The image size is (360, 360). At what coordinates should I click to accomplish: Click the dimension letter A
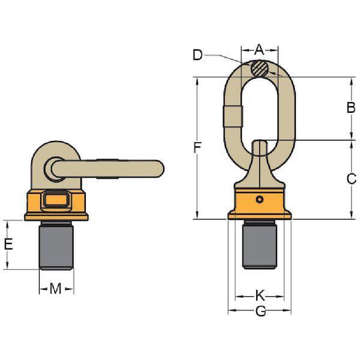[x=259, y=49]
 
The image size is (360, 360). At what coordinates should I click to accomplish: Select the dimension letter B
[x=350, y=107]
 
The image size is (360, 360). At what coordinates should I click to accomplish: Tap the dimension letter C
[x=351, y=179]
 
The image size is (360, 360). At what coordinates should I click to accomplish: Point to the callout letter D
[x=197, y=55]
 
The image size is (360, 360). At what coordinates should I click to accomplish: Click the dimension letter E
[x=8, y=244]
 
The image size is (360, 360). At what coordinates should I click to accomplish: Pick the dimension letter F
[x=197, y=148]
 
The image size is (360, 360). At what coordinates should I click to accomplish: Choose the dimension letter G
[x=260, y=311]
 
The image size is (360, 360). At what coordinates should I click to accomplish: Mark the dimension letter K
[x=260, y=295]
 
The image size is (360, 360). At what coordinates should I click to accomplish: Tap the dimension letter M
[x=56, y=289]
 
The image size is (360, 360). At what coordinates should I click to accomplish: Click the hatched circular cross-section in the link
[x=259, y=68]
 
